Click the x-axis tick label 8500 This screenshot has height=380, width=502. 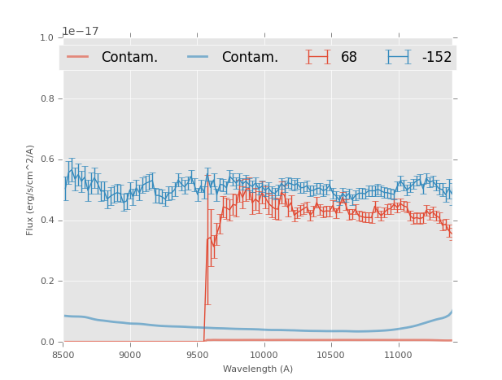tap(63, 355)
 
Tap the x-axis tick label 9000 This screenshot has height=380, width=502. tap(130, 355)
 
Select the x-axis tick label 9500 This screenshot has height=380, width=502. tap(197, 355)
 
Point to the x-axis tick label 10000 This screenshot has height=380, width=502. tap(264, 355)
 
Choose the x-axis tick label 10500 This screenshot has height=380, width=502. tap(330, 355)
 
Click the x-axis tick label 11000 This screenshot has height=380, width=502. tap(398, 355)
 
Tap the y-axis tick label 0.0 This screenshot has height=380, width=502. tap(46, 343)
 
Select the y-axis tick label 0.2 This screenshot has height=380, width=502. tap(46, 282)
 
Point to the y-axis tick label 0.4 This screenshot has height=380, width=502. tap(46, 221)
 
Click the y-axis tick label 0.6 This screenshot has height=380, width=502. tap(46, 159)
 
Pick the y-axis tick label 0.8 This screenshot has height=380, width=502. tap(46, 98)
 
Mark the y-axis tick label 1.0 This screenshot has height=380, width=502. tap(46, 38)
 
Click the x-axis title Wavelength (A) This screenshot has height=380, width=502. tap(258, 369)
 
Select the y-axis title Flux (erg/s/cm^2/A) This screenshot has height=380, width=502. tap(30, 190)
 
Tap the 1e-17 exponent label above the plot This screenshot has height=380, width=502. tap(81, 32)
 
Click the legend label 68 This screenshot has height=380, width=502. tap(349, 58)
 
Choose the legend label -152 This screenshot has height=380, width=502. tap(436, 58)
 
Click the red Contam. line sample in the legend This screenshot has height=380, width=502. tap(78, 57)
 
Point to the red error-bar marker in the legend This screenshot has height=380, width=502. tap(318, 57)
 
